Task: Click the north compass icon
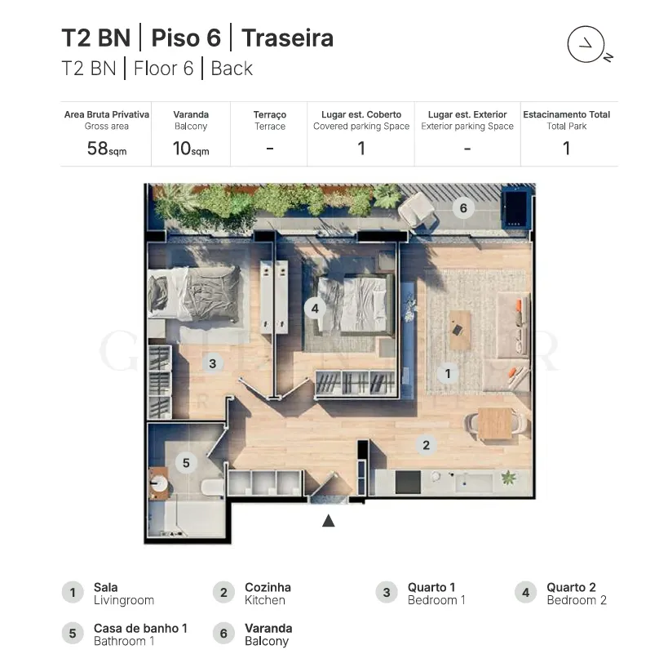586,44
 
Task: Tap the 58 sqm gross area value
107,149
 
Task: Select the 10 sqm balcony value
191,149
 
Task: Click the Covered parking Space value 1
361,149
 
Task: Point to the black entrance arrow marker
328,520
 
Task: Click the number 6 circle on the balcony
463,208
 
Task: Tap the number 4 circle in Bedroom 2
315,309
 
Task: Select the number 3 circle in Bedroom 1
213,363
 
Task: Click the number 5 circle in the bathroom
186,463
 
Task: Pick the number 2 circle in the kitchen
426,445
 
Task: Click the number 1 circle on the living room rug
448,373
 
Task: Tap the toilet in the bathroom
212,487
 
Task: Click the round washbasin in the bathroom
159,484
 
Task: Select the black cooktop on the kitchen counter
408,482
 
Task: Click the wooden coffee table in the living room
460,330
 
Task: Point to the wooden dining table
495,423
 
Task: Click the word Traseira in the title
288,38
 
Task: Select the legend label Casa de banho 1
140,629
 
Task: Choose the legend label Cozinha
268,587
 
